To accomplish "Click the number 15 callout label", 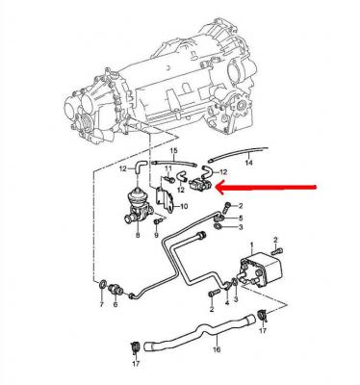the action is pyautogui.click(x=173, y=150).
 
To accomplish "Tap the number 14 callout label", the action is pyautogui.click(x=248, y=163).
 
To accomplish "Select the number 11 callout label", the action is pyautogui.click(x=168, y=168).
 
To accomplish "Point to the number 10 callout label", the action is pyautogui.click(x=184, y=207).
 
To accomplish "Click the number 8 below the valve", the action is pyautogui.click(x=138, y=236).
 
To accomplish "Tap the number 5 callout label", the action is pyautogui.click(x=241, y=218).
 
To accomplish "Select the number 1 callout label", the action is pyautogui.click(x=252, y=245).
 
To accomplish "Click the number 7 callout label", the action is pyautogui.click(x=102, y=304).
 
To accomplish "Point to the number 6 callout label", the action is pyautogui.click(x=116, y=304).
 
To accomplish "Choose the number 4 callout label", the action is pyautogui.click(x=227, y=302).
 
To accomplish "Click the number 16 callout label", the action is pyautogui.click(x=217, y=349).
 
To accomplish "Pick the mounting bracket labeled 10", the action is pyautogui.click(x=165, y=200).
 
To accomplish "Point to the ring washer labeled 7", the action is pyautogui.click(x=102, y=284).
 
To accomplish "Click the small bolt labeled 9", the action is pyautogui.click(x=157, y=221).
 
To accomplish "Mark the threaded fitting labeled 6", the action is pyautogui.click(x=116, y=290).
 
